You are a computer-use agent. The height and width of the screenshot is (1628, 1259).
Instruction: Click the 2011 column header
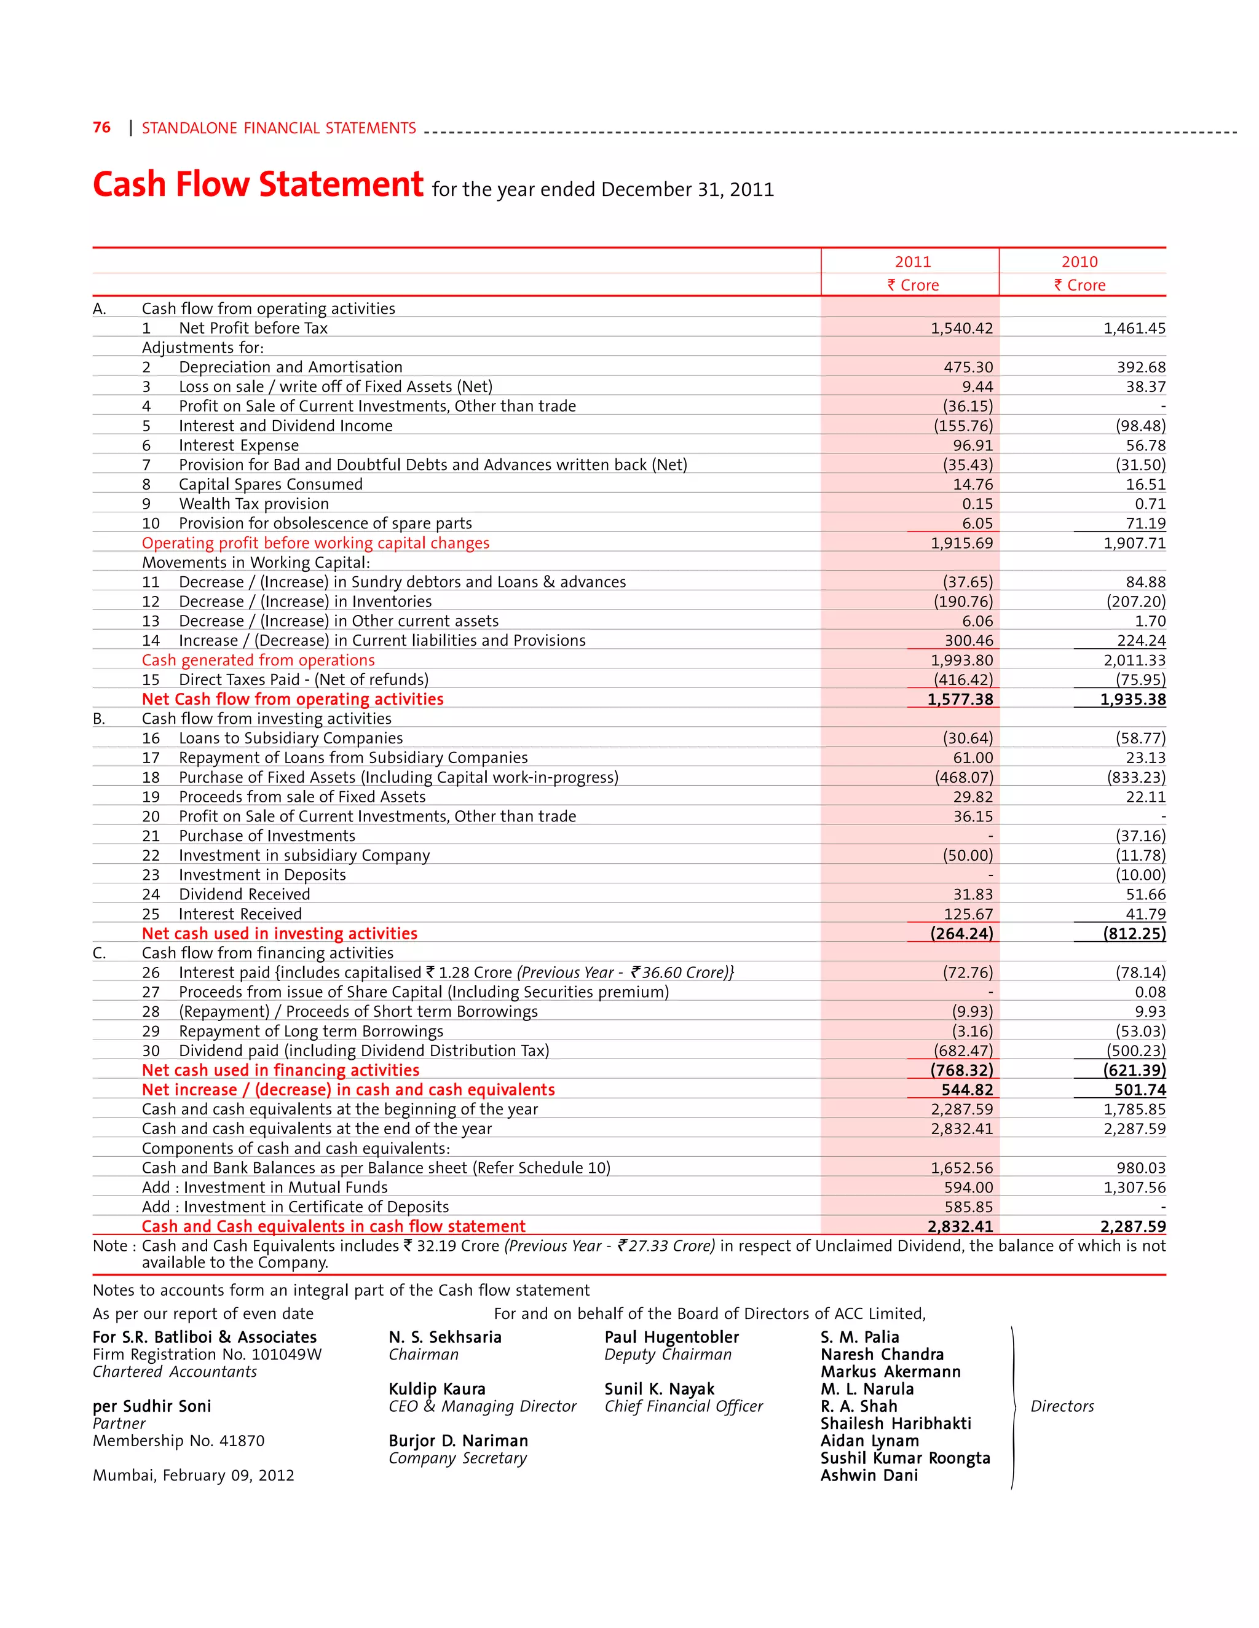click(x=912, y=262)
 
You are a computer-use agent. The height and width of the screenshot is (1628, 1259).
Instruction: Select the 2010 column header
click(x=1079, y=262)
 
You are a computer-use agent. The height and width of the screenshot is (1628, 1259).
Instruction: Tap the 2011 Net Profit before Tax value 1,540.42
click(x=961, y=328)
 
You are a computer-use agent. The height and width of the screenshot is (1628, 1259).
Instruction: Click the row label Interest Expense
click(x=239, y=445)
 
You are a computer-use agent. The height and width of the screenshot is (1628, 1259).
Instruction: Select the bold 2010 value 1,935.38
click(x=1132, y=699)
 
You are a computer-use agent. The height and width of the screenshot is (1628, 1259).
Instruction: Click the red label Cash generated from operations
click(x=258, y=660)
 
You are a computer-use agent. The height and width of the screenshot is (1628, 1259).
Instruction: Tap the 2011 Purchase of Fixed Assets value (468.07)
click(x=964, y=777)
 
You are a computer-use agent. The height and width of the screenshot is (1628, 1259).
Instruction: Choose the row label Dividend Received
click(x=244, y=894)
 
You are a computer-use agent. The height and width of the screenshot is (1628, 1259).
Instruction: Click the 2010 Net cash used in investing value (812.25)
click(x=1134, y=933)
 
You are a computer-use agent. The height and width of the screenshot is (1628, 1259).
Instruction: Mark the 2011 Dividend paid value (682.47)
click(x=963, y=1051)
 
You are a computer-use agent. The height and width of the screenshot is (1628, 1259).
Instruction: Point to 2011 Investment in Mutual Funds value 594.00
click(x=968, y=1187)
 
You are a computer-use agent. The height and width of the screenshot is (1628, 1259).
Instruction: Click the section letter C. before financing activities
click(x=99, y=953)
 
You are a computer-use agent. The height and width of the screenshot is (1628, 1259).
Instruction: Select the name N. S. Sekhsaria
click(x=444, y=1337)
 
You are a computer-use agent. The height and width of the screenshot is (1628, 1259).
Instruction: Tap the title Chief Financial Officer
click(x=683, y=1406)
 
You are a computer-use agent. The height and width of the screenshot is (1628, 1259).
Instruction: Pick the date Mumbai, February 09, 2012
click(x=193, y=1475)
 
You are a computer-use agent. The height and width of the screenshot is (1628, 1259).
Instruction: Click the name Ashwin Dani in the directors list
click(x=869, y=1475)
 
